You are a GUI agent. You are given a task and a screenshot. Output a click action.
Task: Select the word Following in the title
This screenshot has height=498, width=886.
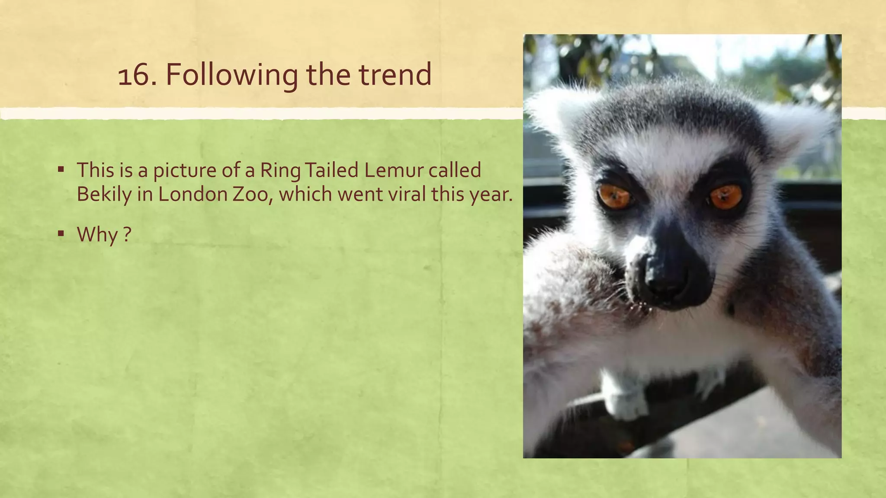click(231, 75)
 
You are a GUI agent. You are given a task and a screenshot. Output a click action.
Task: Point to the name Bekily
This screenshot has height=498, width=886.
click(104, 195)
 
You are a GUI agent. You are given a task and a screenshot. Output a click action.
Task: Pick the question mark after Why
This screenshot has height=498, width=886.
click(126, 235)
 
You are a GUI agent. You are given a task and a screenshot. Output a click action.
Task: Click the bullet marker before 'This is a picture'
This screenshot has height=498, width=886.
click(61, 169)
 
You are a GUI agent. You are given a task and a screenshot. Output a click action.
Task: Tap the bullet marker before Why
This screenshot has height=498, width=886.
click(61, 233)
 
